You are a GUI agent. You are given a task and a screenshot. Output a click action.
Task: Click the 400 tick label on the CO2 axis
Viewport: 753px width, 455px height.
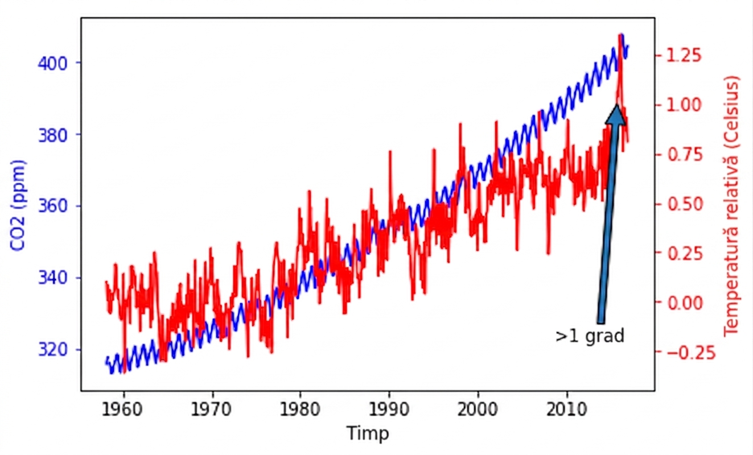point(53,63)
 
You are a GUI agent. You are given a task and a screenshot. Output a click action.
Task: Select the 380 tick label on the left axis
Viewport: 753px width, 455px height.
point(53,135)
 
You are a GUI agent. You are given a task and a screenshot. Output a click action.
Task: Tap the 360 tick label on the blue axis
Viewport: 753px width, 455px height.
point(53,206)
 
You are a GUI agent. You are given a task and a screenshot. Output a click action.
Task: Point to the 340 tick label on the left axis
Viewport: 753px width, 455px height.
point(53,278)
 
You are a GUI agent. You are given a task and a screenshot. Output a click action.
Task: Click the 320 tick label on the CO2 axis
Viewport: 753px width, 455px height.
point(53,349)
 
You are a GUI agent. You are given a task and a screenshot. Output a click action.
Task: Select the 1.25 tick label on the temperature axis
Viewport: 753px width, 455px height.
point(684,55)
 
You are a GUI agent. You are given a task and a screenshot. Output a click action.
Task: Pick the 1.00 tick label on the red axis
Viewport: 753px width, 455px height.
point(684,105)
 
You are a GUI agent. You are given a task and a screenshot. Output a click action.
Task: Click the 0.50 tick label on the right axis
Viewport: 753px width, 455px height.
point(684,204)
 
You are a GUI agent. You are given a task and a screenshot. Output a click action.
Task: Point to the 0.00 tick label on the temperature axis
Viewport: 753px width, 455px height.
point(684,303)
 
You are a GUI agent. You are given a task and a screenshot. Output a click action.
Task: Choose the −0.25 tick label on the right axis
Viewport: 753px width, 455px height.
point(690,353)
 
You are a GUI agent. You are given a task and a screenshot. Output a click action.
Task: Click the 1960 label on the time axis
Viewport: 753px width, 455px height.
point(122,409)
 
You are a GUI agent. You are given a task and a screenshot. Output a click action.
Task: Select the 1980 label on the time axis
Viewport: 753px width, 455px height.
point(300,409)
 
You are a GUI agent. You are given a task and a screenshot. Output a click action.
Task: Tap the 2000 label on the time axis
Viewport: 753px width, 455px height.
point(478,409)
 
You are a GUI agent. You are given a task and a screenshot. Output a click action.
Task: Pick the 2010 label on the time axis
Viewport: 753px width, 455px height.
point(567,409)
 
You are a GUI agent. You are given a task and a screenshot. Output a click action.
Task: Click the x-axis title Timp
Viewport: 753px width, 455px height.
point(368,433)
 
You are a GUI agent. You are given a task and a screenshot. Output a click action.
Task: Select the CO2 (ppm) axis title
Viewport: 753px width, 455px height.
point(18,206)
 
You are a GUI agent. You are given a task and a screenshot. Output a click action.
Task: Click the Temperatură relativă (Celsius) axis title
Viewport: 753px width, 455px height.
point(731,206)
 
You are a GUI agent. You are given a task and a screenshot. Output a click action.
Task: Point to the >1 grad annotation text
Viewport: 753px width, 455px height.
point(590,336)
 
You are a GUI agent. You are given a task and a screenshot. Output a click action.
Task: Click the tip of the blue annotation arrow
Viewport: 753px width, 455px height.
point(617,105)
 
